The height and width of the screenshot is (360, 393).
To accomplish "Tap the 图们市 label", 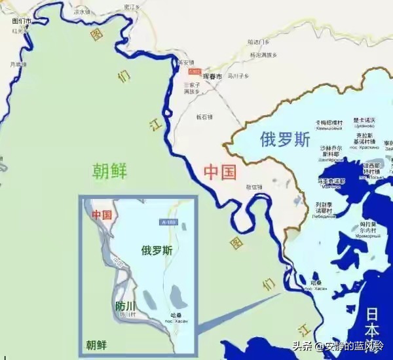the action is coord(22,21).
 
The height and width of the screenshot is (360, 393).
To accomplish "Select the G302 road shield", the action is coord(194,71).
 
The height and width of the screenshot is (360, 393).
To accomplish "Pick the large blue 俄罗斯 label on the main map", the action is coord(285,139).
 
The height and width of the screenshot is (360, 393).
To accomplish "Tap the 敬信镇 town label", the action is coord(254,187).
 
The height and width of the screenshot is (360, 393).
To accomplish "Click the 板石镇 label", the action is coord(204,117).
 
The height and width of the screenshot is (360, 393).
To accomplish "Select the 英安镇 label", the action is coord(187,62).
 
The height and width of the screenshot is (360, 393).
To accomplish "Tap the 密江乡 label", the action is coord(133,6).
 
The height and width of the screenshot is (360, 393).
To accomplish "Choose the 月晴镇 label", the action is coord(18,64).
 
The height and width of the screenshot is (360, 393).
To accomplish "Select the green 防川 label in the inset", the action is coord(126,305).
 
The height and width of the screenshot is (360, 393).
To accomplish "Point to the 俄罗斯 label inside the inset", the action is coord(157,250).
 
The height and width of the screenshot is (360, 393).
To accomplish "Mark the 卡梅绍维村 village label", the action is coord(328,124).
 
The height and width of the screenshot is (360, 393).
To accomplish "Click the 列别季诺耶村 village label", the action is coord(326,207).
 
